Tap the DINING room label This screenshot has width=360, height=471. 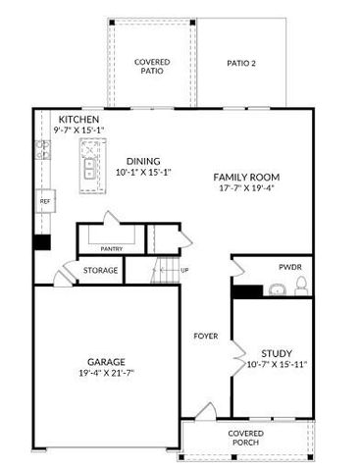tap(143, 161)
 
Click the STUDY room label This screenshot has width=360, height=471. tap(277, 353)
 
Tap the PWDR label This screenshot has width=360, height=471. tap(289, 265)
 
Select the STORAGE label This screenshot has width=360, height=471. tap(100, 270)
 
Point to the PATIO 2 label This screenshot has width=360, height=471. tap(240, 63)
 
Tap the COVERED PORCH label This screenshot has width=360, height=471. tap(245, 438)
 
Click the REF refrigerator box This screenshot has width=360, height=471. tap(45, 201)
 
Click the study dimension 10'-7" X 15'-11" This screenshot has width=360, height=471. tap(277, 366)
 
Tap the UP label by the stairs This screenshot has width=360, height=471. tap(185, 270)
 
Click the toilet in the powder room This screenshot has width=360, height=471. tap(301, 285)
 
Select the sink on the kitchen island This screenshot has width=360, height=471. tap(90, 172)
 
